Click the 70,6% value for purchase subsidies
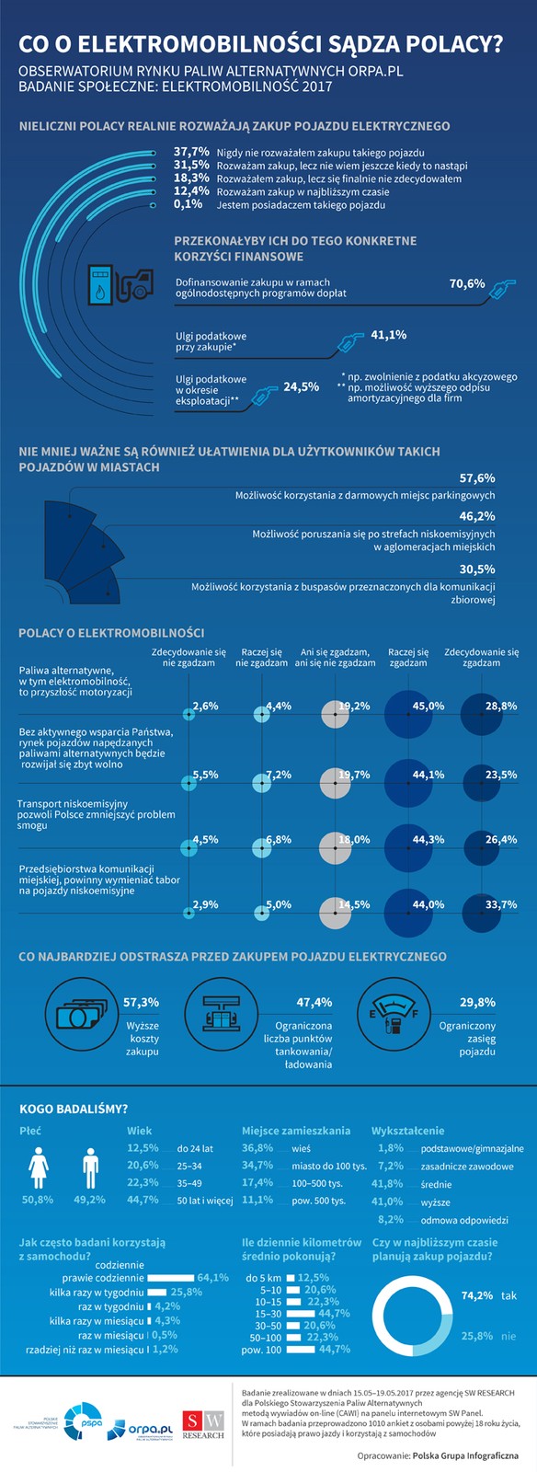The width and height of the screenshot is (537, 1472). pyautogui.click(x=467, y=283)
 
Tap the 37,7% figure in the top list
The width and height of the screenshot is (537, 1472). pyautogui.click(x=191, y=151)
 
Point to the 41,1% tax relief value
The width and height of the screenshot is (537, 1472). pyautogui.click(x=388, y=335)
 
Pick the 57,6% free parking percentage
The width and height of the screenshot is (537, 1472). pyautogui.click(x=477, y=478)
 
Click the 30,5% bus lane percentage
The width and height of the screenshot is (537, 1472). pyautogui.click(x=477, y=569)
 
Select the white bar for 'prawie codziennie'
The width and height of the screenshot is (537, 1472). pyautogui.click(x=172, y=1278)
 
